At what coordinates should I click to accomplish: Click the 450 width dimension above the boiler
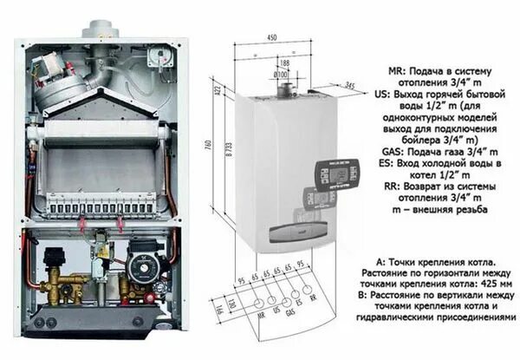[273, 37]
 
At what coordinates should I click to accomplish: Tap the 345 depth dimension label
[349, 84]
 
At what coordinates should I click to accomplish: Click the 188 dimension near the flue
[283, 62]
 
